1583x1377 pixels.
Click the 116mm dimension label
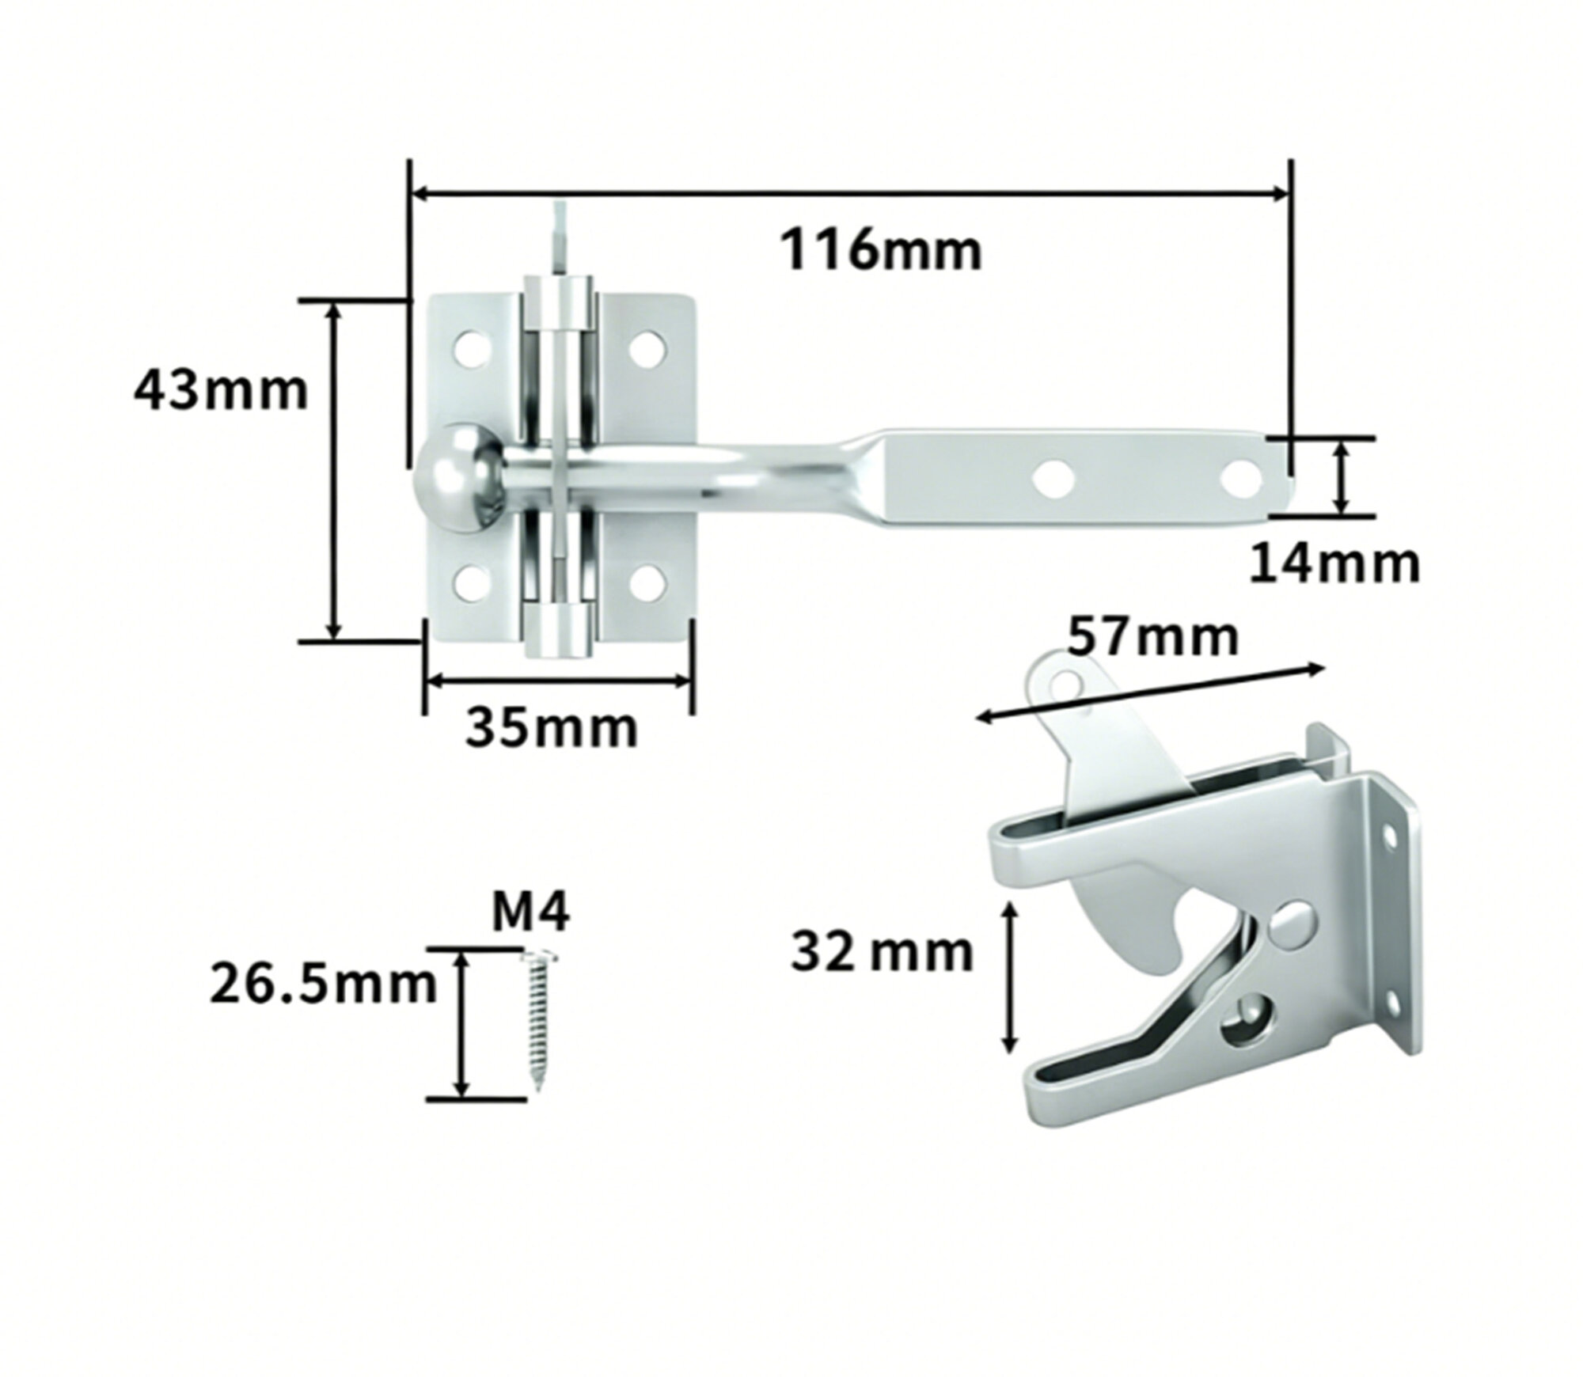[x=881, y=250]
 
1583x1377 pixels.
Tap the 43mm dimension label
[x=220, y=391]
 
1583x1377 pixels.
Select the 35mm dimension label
[x=551, y=728]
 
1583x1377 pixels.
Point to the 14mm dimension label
[x=1335, y=564]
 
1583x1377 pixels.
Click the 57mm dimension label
[x=1152, y=639]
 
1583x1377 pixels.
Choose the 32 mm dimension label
[x=882, y=952]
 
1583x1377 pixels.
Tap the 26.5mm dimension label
[x=323, y=984]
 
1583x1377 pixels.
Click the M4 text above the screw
[x=530, y=914]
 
